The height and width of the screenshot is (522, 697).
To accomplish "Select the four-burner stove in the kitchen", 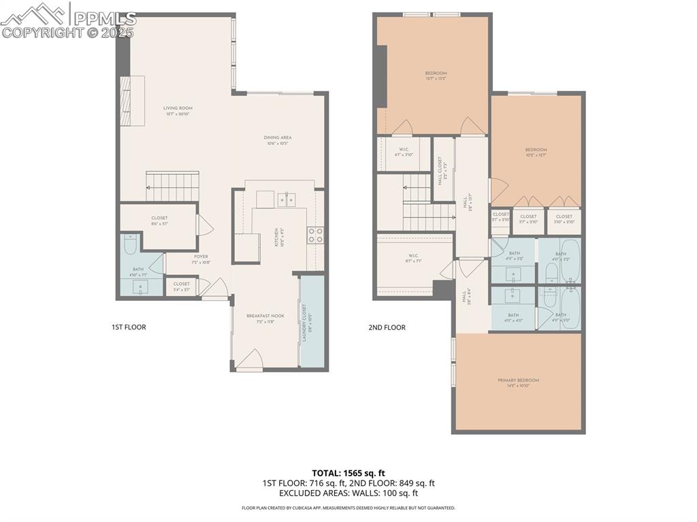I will click(315, 235).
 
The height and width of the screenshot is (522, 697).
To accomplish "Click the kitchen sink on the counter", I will click(287, 199).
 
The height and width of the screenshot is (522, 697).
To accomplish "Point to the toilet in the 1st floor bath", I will click(131, 242).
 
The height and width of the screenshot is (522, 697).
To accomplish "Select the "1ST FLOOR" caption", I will click(129, 327).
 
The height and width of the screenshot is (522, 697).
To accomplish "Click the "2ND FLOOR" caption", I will click(387, 327).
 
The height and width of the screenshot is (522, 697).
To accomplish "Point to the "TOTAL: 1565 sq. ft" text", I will click(348, 473).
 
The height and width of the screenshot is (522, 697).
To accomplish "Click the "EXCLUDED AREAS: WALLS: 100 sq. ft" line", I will click(348, 493).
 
